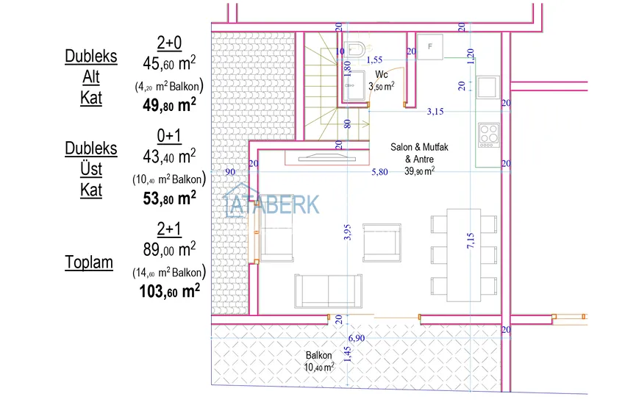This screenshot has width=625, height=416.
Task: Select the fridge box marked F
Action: point(430,46)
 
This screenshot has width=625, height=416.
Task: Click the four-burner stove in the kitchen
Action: point(488,134)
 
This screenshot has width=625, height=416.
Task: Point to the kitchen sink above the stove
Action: point(488,87)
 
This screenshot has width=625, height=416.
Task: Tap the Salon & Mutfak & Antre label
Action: point(419,153)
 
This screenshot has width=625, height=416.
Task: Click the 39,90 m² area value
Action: point(419,171)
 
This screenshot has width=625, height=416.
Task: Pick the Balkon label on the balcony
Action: point(318,355)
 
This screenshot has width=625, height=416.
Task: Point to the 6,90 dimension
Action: point(356,338)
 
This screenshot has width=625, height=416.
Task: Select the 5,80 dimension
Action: point(379,172)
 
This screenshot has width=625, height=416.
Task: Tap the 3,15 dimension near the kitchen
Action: point(435,112)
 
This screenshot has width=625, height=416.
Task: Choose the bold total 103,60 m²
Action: point(169,291)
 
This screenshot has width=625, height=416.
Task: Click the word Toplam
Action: point(89,262)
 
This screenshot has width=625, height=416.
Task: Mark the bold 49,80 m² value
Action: point(168,104)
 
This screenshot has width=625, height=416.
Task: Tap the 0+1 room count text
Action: point(169,136)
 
